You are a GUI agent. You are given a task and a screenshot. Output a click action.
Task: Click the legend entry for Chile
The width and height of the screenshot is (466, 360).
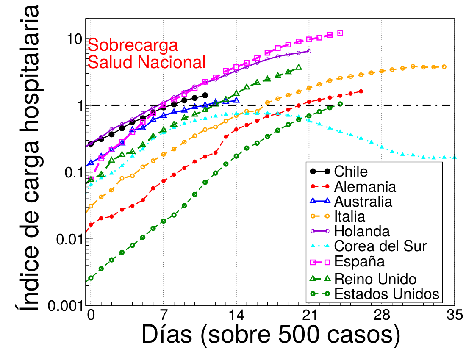click(x=350, y=172)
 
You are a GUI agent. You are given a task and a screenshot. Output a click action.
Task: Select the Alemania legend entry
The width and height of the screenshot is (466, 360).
click(x=365, y=186)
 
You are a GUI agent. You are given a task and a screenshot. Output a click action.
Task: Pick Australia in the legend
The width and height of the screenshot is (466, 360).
click(x=363, y=201)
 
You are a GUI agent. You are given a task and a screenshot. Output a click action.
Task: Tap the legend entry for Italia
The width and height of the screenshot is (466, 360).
click(x=349, y=216)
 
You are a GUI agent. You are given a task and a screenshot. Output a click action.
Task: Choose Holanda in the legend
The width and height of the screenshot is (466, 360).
click(x=361, y=231)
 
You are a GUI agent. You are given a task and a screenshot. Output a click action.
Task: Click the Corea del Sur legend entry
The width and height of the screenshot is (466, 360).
click(x=380, y=246)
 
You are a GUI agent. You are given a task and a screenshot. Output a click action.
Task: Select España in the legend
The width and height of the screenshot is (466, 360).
click(x=359, y=261)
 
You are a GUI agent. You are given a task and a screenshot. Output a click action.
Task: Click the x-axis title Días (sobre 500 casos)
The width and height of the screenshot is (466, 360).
click(x=271, y=335)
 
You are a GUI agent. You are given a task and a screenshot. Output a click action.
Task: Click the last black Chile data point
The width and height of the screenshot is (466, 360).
click(x=205, y=96)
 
